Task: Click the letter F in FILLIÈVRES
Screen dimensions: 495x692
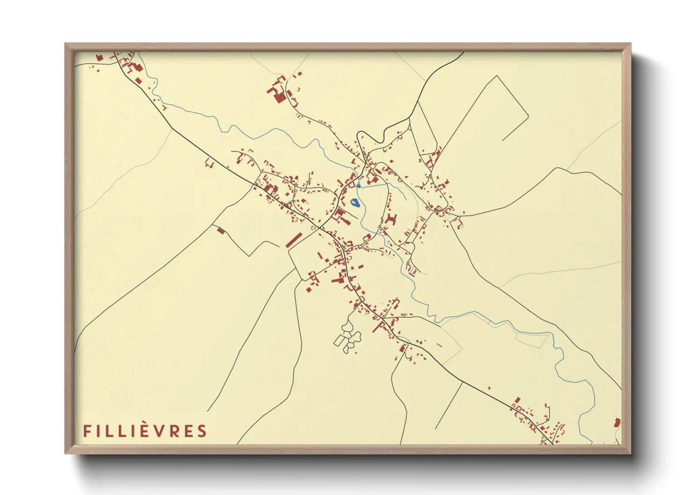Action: pos(87,431)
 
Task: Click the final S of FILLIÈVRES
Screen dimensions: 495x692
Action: pos(202,431)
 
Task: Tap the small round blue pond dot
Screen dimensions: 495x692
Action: pos(359,186)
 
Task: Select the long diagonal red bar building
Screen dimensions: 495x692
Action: pos(293,240)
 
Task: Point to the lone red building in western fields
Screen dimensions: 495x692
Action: pos(221,230)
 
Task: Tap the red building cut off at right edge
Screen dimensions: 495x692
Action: pos(617,422)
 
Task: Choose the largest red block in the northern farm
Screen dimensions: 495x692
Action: pos(279,97)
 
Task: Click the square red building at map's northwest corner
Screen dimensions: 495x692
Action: pos(99,58)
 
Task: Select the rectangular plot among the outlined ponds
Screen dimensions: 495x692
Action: pos(339,341)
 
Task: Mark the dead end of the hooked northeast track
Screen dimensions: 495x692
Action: pos(503,140)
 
